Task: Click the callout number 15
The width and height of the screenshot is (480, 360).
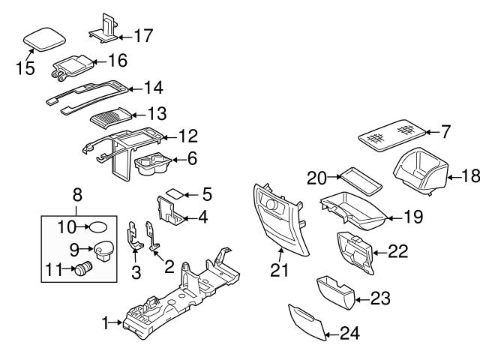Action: [25, 68]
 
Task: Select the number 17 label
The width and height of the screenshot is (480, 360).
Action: [142, 34]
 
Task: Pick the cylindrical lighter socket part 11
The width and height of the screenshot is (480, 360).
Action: [81, 268]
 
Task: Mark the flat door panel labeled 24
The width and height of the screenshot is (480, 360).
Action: [308, 322]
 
